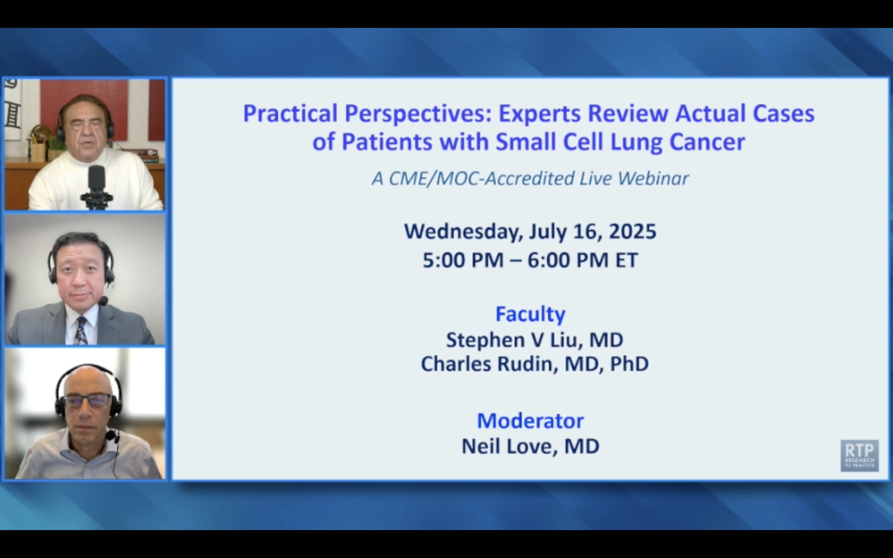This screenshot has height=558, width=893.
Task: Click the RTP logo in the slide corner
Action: (x=860, y=455)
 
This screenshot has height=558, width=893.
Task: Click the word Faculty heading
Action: (x=530, y=314)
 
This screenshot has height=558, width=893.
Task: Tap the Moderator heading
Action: (x=530, y=421)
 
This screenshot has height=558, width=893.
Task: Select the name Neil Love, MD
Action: (x=530, y=446)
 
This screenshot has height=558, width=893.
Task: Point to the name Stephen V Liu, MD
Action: (x=535, y=340)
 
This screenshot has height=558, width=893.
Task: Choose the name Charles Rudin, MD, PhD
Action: (x=535, y=364)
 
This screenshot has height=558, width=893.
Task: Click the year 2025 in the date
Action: (x=633, y=231)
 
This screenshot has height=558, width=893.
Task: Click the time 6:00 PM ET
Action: (x=583, y=260)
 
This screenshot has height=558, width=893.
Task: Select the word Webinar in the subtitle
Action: (x=653, y=179)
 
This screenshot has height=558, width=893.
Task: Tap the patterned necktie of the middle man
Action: (x=81, y=330)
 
